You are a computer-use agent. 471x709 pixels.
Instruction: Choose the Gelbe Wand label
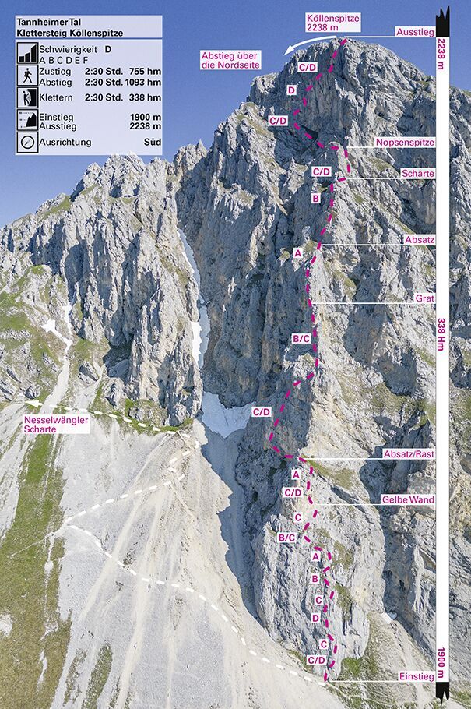click(x=408, y=499)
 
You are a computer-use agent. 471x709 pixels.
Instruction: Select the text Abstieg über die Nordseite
click(x=230, y=60)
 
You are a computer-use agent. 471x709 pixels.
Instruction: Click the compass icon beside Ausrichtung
click(x=27, y=143)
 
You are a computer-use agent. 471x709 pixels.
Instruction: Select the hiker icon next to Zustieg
click(x=27, y=76)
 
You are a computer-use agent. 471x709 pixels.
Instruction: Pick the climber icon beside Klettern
click(x=27, y=97)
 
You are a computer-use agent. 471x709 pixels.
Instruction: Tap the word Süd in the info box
click(x=152, y=143)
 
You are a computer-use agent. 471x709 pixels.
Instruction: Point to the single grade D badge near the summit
click(x=291, y=91)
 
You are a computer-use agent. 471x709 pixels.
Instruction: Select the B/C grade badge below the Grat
click(x=301, y=338)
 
